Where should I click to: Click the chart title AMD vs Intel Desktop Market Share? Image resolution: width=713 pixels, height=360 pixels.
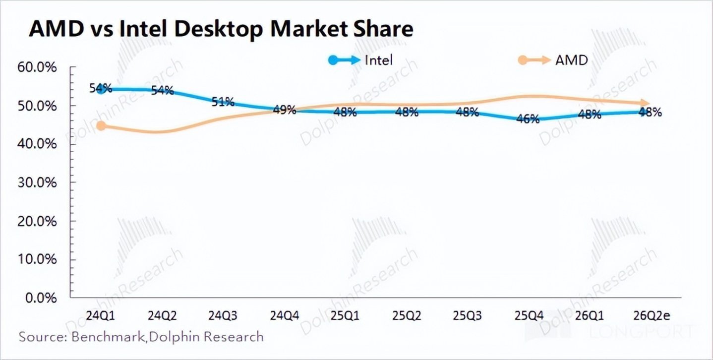(221, 29)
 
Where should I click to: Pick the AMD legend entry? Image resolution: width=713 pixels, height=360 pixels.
(553, 60)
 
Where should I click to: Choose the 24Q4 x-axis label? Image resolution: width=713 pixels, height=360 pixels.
(284, 316)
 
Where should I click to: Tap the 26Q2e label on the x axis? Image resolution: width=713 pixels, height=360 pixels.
(651, 316)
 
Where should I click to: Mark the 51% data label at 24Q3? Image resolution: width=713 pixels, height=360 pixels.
(223, 102)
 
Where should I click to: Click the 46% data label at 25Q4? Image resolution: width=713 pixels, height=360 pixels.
(528, 119)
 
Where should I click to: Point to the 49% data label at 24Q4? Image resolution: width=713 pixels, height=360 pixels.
(284, 110)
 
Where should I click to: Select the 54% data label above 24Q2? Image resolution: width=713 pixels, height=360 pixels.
(162, 91)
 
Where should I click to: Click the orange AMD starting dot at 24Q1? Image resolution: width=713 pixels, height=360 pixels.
(101, 126)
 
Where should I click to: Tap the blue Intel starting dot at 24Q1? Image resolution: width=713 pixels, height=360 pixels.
(102, 89)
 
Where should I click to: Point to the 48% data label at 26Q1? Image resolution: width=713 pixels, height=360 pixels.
(590, 115)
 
